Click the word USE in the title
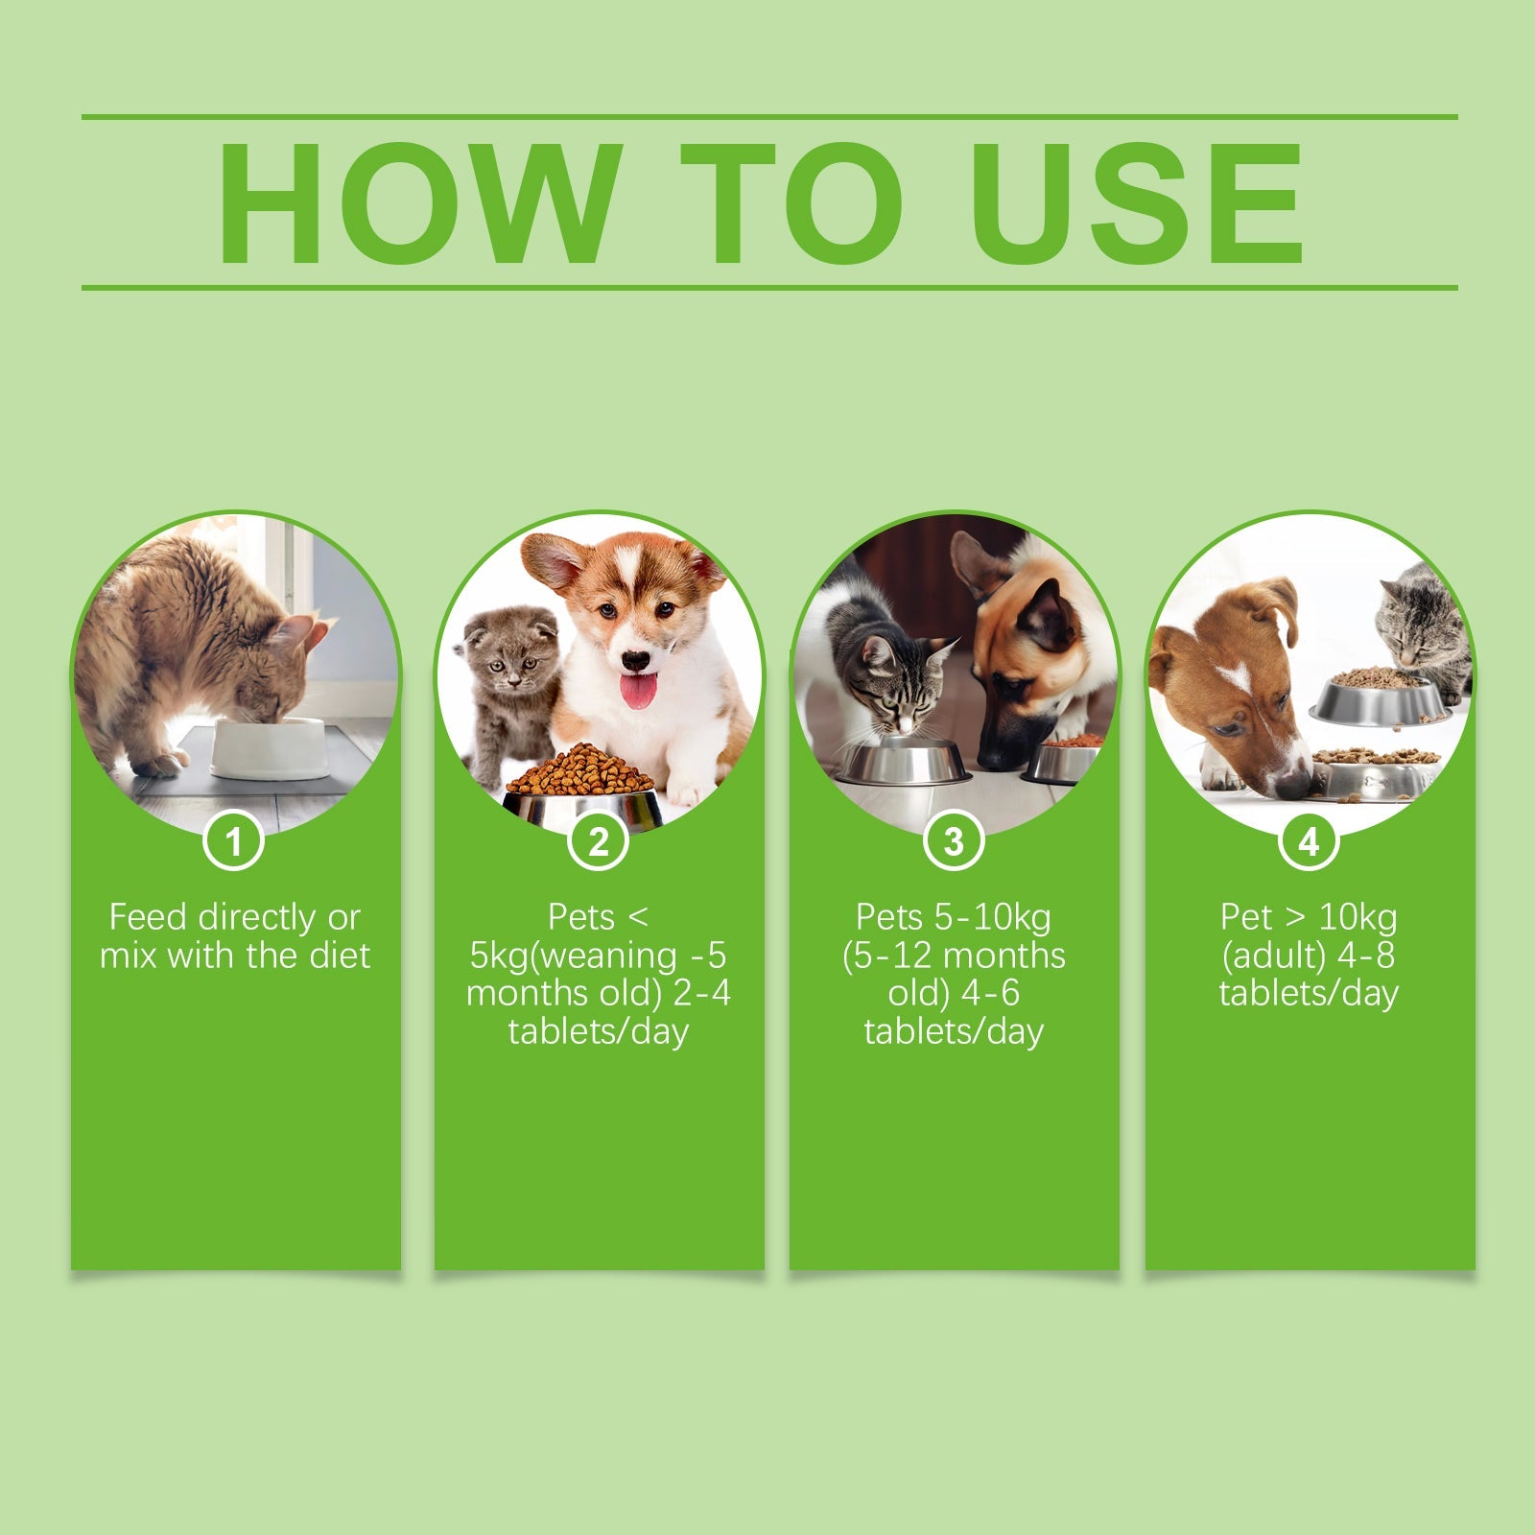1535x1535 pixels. [1137, 203]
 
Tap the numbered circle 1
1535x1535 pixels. [233, 842]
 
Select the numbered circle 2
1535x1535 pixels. [599, 842]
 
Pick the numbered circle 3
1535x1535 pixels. [954, 842]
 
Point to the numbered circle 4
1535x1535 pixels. [1309, 842]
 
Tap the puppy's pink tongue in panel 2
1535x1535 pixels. [638, 690]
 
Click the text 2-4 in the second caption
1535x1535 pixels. [701, 993]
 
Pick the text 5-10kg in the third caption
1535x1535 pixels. [1004, 918]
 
